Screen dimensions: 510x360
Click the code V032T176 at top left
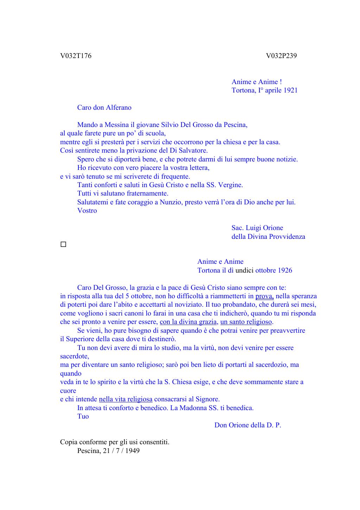pyautogui.click(x=76, y=56)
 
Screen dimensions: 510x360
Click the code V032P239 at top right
pyautogui.click(x=281, y=56)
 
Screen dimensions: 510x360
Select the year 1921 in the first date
pyautogui.click(x=290, y=90)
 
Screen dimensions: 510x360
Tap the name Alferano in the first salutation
pyautogui.click(x=119, y=108)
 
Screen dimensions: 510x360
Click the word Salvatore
pyautogui.click(x=193, y=151)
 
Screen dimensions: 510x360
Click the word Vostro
pyautogui.click(x=87, y=211)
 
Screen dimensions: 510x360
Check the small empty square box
pyautogui.click(x=63, y=244)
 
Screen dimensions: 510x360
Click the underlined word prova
pyautogui.click(x=264, y=296)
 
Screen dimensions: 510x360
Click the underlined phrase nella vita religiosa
pyautogui.click(x=126, y=399)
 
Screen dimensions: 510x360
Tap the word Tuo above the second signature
pyautogui.click(x=83, y=416)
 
